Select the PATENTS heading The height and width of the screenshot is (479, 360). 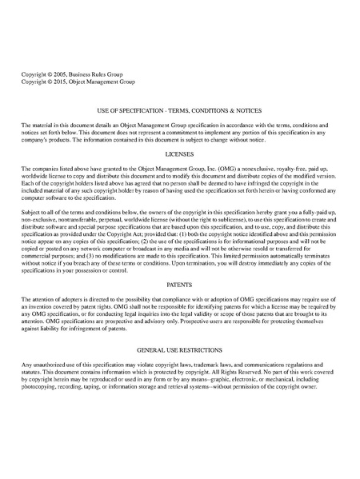click(179, 285)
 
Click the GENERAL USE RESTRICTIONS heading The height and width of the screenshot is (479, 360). click(179, 350)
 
